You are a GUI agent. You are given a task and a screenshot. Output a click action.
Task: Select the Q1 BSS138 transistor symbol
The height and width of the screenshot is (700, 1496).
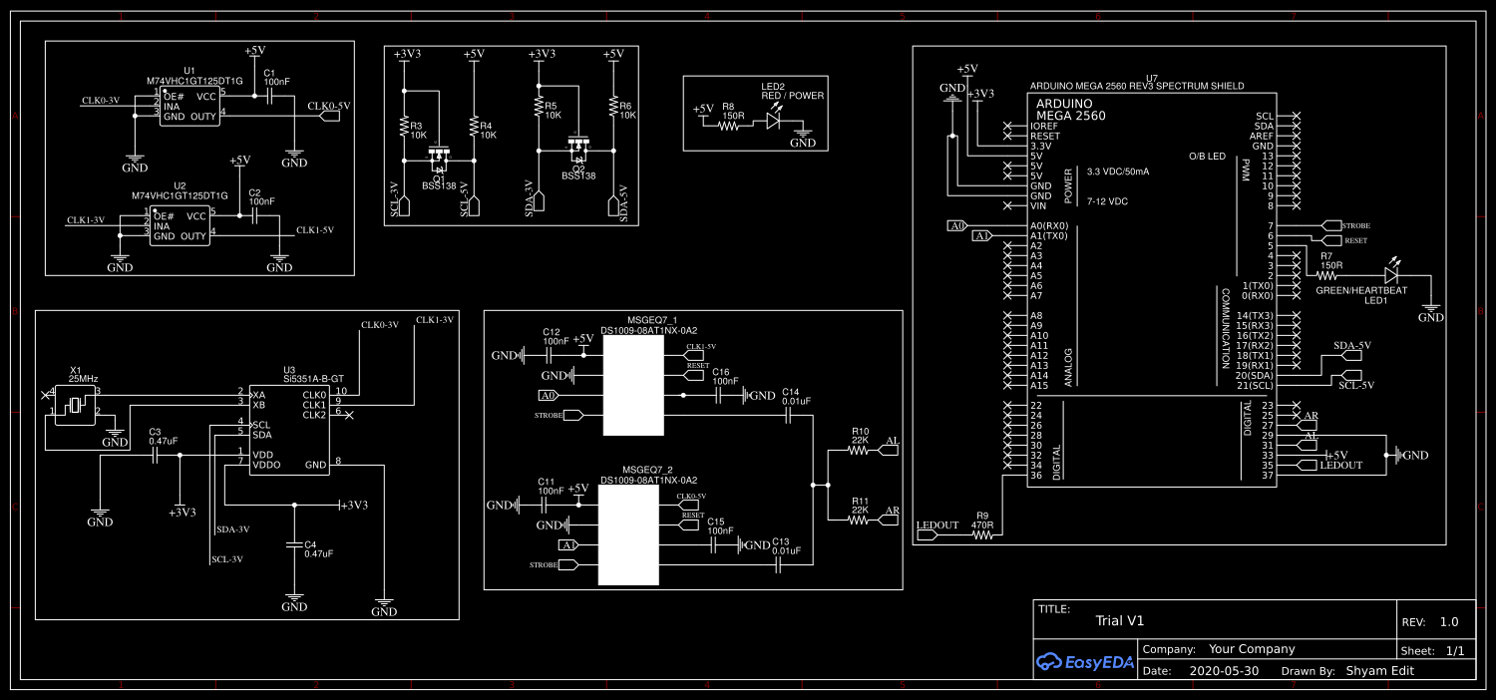click(438, 158)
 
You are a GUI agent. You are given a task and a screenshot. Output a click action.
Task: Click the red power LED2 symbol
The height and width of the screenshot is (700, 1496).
click(774, 120)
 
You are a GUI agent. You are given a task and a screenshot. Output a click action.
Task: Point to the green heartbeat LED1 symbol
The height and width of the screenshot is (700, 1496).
click(1392, 273)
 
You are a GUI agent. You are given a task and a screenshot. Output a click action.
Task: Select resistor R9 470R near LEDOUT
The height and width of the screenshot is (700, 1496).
click(983, 535)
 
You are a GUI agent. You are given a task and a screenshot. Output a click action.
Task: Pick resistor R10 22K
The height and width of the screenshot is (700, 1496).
click(859, 451)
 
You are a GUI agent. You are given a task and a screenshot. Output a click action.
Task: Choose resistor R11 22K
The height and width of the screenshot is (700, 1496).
click(859, 520)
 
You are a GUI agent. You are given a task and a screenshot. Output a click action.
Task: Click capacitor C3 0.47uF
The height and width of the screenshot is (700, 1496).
click(155, 456)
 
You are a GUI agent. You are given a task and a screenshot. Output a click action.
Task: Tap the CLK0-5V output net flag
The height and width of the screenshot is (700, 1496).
click(328, 116)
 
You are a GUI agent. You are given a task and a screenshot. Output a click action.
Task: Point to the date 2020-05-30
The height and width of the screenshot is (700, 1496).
click(1224, 671)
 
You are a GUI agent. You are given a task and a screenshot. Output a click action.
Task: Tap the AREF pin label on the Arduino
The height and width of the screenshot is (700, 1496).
click(1263, 136)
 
